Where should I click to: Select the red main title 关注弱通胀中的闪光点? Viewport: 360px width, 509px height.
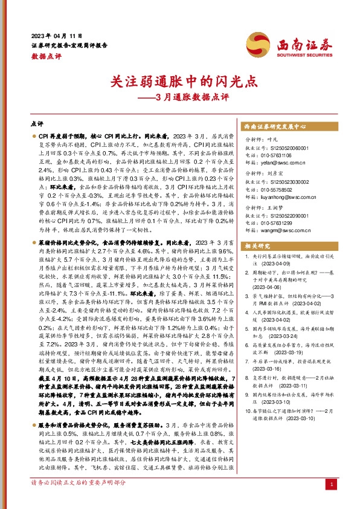[179, 80]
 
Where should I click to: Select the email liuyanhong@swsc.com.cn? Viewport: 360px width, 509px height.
[281, 197]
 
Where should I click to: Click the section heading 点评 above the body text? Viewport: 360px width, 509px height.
[37, 123]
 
